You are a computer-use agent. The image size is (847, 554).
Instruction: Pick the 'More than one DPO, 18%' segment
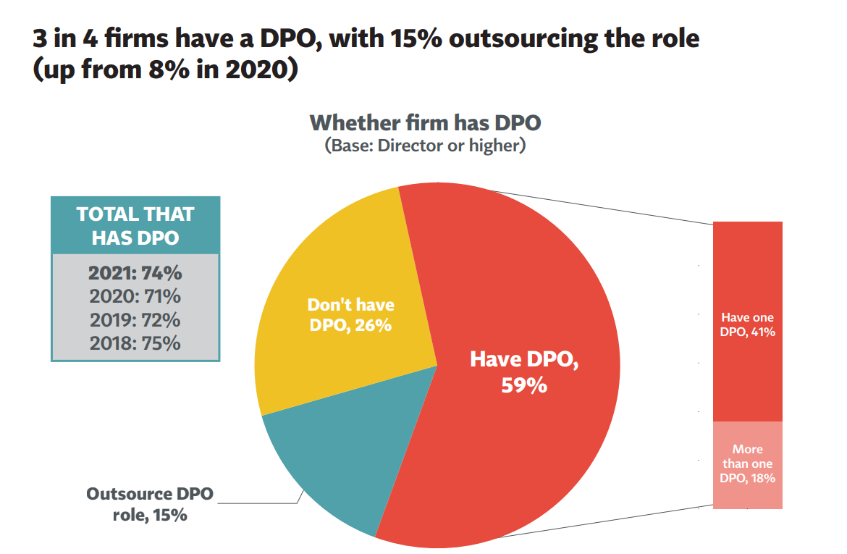coord(747,464)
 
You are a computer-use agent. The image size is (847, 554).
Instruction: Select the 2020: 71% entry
coord(135,296)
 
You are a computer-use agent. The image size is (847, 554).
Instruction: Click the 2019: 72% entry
coord(135,319)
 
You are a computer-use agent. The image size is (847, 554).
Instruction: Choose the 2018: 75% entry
coord(135,343)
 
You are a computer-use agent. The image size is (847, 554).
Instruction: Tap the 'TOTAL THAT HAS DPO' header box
coord(135,225)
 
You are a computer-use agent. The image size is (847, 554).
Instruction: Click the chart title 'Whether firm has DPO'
coord(425,122)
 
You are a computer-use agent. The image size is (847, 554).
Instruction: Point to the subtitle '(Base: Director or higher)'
coord(425,146)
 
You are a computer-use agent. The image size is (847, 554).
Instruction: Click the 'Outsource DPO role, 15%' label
coord(151,505)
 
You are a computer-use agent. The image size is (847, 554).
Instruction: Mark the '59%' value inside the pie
coord(524,385)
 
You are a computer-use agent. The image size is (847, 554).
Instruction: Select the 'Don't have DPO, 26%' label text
coord(350,315)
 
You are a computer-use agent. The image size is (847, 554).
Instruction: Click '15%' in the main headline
coord(418,38)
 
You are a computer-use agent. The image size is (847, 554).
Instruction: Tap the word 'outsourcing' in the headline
coord(529,38)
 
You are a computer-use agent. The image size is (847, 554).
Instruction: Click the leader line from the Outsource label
coord(261,503)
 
